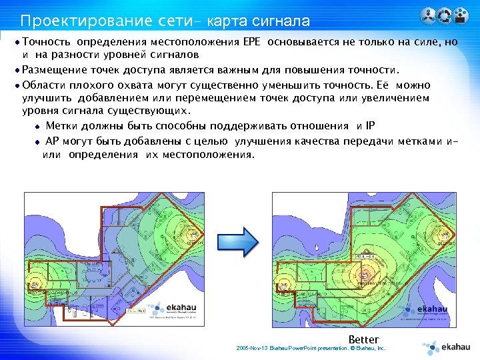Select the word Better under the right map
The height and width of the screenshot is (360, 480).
[x=363, y=339]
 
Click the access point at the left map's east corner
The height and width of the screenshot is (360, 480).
[x=194, y=235]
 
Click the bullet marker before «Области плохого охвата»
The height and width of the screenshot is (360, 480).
[x=17, y=85]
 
